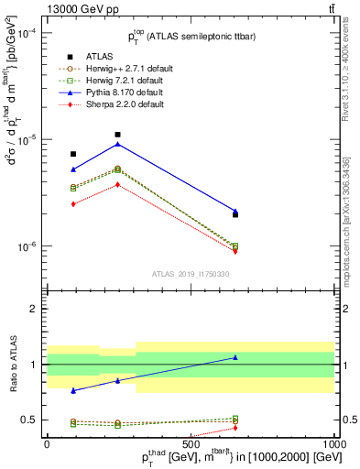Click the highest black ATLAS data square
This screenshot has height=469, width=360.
click(117, 135)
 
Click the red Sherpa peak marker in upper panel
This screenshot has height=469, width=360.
click(117, 184)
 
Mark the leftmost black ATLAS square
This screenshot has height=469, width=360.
click(73, 154)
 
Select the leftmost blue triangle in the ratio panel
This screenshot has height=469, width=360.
click(73, 390)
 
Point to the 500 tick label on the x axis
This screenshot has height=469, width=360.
click(190, 442)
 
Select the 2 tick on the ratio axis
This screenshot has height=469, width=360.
click(35, 309)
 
